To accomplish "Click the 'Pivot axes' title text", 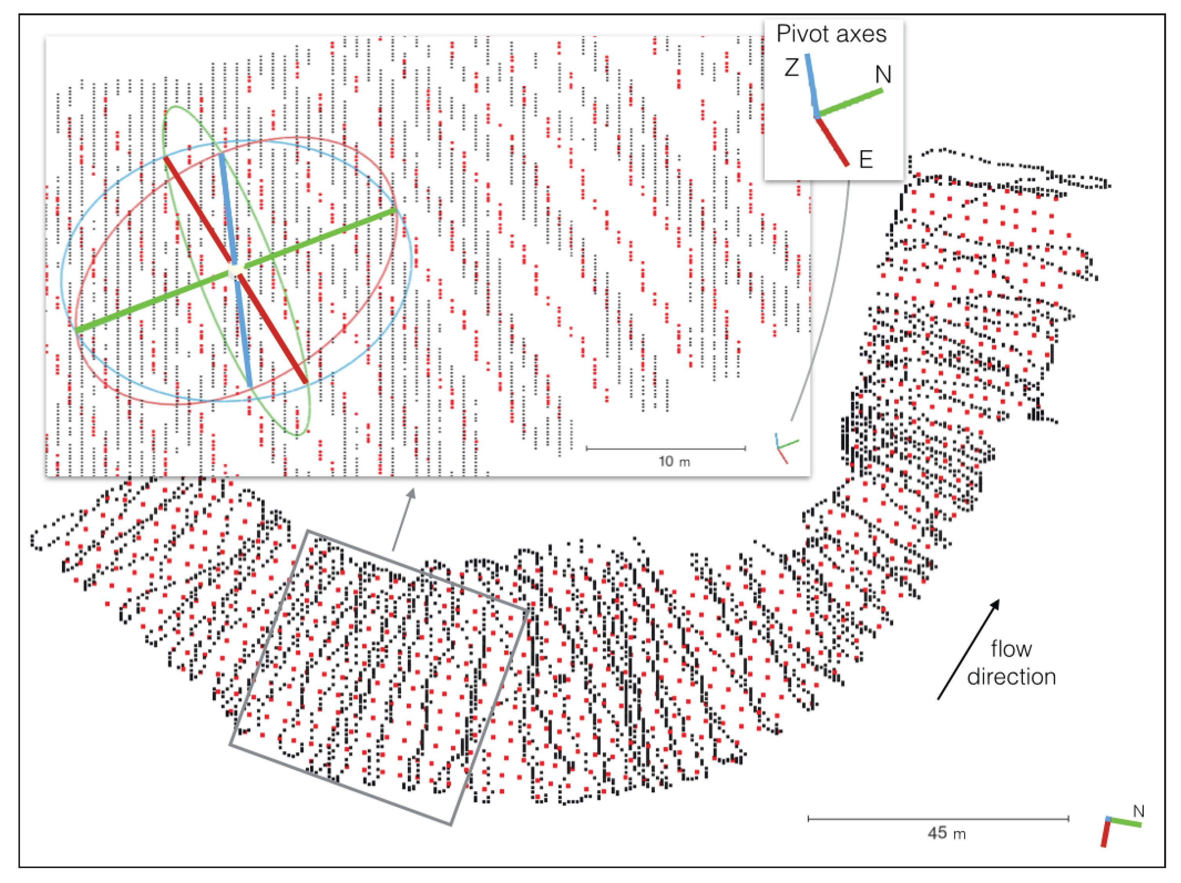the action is [831, 34].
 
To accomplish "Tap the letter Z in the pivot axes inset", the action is [791, 68].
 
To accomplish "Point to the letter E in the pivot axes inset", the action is [865, 159].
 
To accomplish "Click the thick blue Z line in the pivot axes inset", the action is [812, 86].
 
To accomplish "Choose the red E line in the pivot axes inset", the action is [832, 142].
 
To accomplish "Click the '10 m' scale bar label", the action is [674, 462].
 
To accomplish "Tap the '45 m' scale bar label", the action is [946, 833].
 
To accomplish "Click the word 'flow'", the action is [1011, 649].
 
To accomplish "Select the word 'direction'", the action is [1011, 677].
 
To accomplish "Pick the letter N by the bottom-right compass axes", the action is [1138, 812].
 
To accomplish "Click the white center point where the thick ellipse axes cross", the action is [235, 270].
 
